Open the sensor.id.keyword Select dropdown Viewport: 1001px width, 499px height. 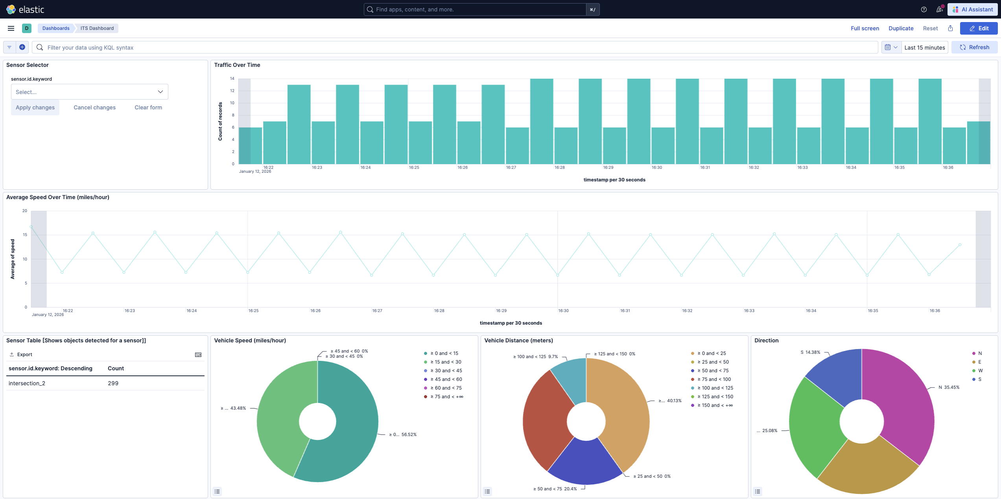[89, 92]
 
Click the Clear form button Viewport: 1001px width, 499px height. [148, 107]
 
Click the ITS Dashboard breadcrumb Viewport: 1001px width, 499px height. [97, 28]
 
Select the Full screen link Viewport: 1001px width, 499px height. [865, 28]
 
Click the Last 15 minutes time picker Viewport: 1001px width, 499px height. [924, 48]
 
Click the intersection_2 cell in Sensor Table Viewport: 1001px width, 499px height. [27, 383]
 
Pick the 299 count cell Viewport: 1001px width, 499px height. [113, 383]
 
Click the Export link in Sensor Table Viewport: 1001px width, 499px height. [24, 355]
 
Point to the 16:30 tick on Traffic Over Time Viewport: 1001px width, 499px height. [656, 168]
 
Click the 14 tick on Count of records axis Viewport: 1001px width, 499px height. [232, 79]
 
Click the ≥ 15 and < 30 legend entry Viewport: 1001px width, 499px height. [445, 362]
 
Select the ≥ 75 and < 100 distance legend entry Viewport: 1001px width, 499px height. [713, 379]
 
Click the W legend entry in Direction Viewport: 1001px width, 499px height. [980, 371]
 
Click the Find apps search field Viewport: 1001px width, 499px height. [476, 9]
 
